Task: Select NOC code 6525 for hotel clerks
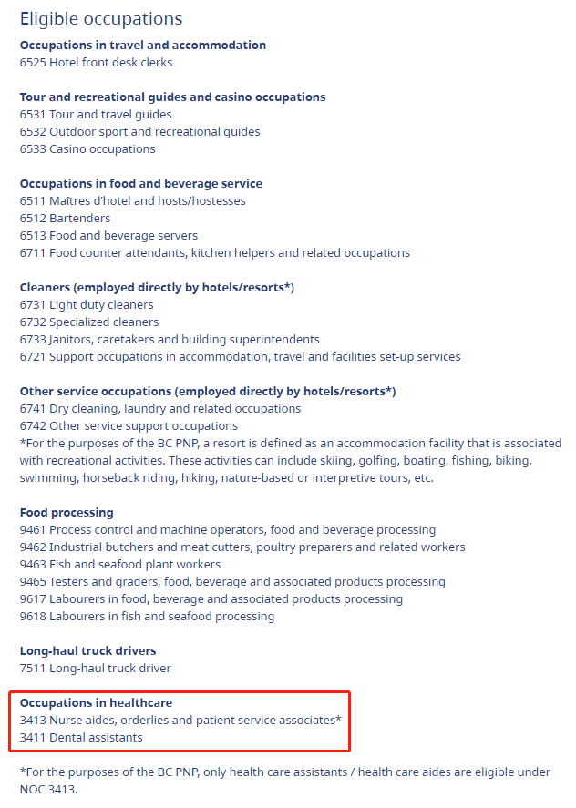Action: coord(33,63)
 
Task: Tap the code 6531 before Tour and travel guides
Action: coord(33,115)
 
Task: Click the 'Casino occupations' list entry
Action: coord(102,149)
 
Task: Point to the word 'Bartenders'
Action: coord(80,219)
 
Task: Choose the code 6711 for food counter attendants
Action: coord(33,253)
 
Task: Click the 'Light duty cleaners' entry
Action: coord(101,305)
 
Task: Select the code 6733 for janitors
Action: coord(33,340)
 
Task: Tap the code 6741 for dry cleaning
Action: coord(33,409)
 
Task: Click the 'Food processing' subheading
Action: coord(67,513)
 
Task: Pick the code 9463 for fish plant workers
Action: coord(33,565)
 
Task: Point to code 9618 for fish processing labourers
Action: coord(33,617)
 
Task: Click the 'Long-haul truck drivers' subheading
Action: coord(88,651)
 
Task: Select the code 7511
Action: coord(33,669)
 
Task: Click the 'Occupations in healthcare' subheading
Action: coord(96,703)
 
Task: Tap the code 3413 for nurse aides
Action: coord(33,721)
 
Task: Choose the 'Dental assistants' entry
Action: coord(96,738)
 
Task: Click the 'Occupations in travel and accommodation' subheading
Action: coord(143,46)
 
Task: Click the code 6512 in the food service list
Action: coord(33,219)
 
